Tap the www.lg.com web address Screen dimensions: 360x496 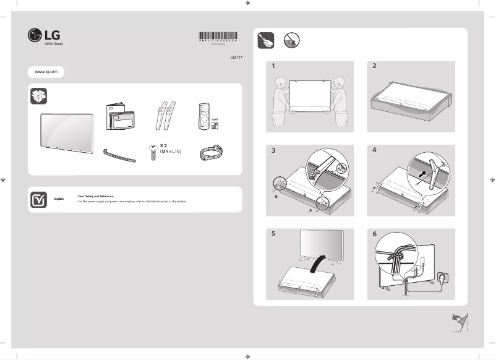click(46, 72)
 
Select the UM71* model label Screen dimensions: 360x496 click(236, 57)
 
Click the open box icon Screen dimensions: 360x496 click(38, 96)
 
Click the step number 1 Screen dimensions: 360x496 click(272, 66)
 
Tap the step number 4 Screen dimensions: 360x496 click(374, 150)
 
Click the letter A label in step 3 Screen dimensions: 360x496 click(310, 210)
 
